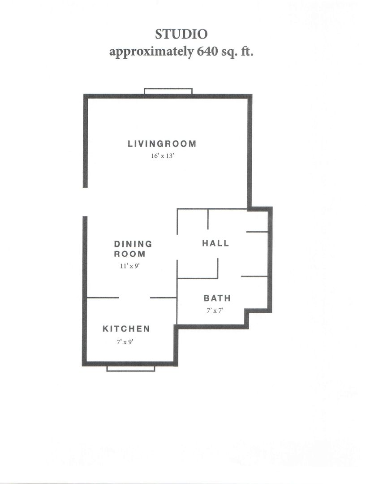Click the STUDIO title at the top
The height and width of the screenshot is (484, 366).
[x=181, y=34]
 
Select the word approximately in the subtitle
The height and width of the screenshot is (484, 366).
[x=151, y=52]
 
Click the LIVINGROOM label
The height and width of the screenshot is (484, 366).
[x=162, y=144]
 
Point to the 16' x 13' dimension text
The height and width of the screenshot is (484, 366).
[x=163, y=156]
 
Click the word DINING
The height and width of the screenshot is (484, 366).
[x=133, y=244]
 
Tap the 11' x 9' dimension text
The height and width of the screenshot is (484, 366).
[x=130, y=266]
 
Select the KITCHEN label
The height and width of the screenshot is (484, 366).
[x=126, y=329]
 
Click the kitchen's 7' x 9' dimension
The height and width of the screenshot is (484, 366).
[x=125, y=342]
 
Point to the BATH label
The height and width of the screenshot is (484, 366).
[x=217, y=298]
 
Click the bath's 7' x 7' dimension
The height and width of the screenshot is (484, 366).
[x=215, y=311]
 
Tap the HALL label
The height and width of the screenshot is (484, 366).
[x=216, y=243]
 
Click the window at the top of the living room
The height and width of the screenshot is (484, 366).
[x=168, y=91]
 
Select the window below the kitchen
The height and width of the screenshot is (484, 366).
[x=130, y=368]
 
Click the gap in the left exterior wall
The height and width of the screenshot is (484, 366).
[x=85, y=202]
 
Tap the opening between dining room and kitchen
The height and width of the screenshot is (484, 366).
[x=134, y=298]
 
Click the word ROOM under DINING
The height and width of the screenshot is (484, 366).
[x=129, y=254]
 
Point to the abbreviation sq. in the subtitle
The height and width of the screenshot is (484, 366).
[x=228, y=52]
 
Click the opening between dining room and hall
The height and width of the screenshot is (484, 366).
[x=177, y=247]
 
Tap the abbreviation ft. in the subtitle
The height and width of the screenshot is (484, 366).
[x=247, y=51]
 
